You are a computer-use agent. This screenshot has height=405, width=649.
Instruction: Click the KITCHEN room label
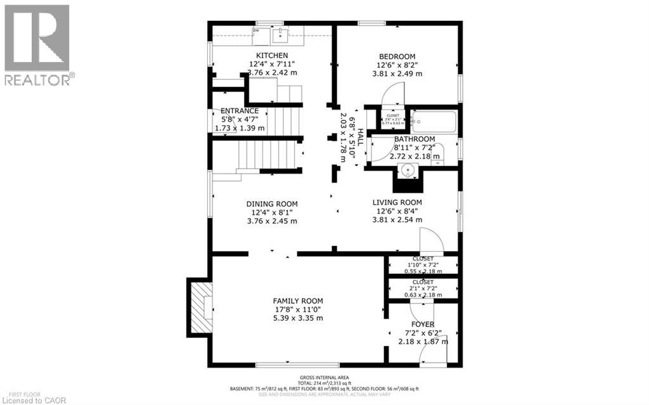[272, 56]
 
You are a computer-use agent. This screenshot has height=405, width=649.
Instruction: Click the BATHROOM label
[414, 139]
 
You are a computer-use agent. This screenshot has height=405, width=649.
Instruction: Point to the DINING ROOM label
[272, 204]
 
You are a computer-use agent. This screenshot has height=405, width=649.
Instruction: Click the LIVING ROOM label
[397, 202]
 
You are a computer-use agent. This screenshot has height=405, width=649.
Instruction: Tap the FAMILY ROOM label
[298, 301]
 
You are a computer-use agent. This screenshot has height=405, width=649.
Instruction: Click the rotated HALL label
[360, 137]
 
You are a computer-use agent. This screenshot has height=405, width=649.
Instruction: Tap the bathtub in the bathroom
[433, 120]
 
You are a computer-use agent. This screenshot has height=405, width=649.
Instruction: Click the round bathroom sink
[406, 171]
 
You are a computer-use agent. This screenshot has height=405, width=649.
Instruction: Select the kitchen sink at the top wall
[280, 34]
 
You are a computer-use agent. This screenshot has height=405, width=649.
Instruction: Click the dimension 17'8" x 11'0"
[298, 310]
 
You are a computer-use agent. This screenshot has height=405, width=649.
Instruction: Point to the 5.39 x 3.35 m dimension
[298, 318]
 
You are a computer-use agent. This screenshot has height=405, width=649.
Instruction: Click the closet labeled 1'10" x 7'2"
[423, 263]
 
